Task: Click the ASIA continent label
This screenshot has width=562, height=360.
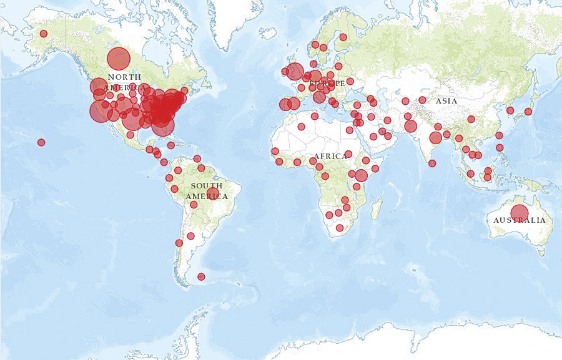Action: pyautogui.click(x=446, y=101)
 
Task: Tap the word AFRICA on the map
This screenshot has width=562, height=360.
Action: pyautogui.click(x=330, y=156)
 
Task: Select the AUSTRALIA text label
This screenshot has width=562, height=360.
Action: pyautogui.click(x=519, y=220)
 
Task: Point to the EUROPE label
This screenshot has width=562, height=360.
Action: pyautogui.click(x=327, y=83)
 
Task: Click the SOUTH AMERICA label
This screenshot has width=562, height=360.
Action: pyautogui.click(x=207, y=191)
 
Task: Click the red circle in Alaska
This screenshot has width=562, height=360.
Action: pyautogui.click(x=44, y=34)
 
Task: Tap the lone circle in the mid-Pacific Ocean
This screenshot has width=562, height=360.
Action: pyautogui.click(x=41, y=142)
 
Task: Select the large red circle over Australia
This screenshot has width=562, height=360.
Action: pyautogui.click(x=519, y=213)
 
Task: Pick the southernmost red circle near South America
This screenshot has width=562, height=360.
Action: pyautogui.click(x=201, y=276)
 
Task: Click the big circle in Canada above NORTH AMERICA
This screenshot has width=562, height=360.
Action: pyautogui.click(x=118, y=59)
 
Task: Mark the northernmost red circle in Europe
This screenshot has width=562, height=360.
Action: pyautogui.click(x=343, y=37)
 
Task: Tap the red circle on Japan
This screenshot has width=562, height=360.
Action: pyautogui.click(x=528, y=112)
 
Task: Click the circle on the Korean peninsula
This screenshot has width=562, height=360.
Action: pyautogui.click(x=510, y=110)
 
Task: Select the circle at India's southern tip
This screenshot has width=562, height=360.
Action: pyautogui.click(x=432, y=163)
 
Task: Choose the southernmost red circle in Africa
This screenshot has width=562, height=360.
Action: pyautogui.click(x=340, y=228)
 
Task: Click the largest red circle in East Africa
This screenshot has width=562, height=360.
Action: pyautogui.click(x=361, y=175)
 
